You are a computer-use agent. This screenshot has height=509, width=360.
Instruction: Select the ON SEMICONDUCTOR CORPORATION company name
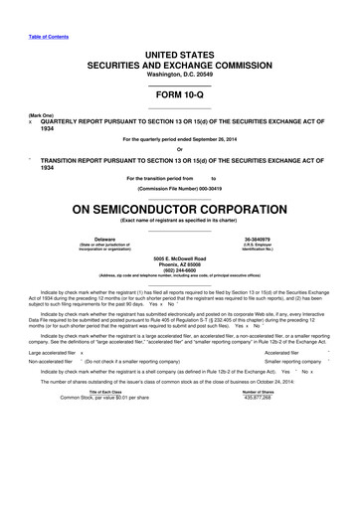coord(179,211)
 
